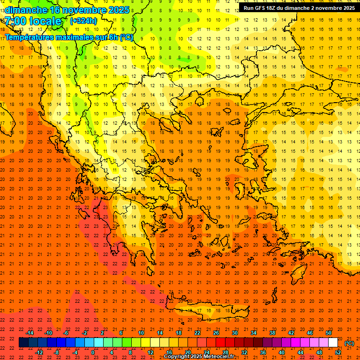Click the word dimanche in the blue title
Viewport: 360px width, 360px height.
[26, 9]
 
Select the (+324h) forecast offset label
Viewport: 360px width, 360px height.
[83, 21]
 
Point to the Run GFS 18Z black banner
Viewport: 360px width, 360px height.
[299, 8]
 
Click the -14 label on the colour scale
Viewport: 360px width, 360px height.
[30, 333]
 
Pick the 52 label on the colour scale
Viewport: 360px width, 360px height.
[338, 352]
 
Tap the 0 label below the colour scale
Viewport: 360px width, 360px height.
[93, 352]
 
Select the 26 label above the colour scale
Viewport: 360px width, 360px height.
[216, 333]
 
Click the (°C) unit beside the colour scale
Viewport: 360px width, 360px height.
[349, 343]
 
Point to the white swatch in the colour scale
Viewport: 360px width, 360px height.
[333, 343]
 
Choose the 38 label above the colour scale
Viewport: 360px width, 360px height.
[272, 333]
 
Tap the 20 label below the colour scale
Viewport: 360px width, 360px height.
[187, 352]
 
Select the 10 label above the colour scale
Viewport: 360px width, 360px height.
[141, 333]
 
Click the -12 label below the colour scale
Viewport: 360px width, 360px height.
[39, 352]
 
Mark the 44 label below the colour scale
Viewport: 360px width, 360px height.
[300, 352]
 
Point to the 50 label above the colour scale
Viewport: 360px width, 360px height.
[328, 333]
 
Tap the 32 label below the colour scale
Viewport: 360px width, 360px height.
[244, 352]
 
